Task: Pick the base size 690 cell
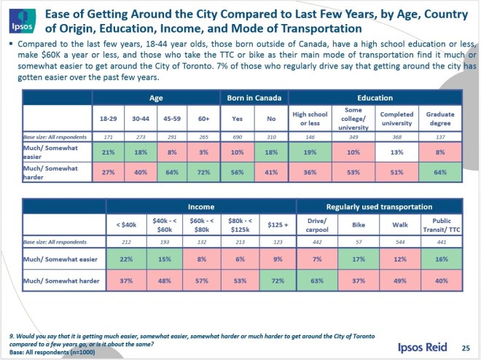tap(237, 136)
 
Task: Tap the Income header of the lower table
tap(201, 206)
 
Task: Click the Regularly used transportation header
tap(380, 206)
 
